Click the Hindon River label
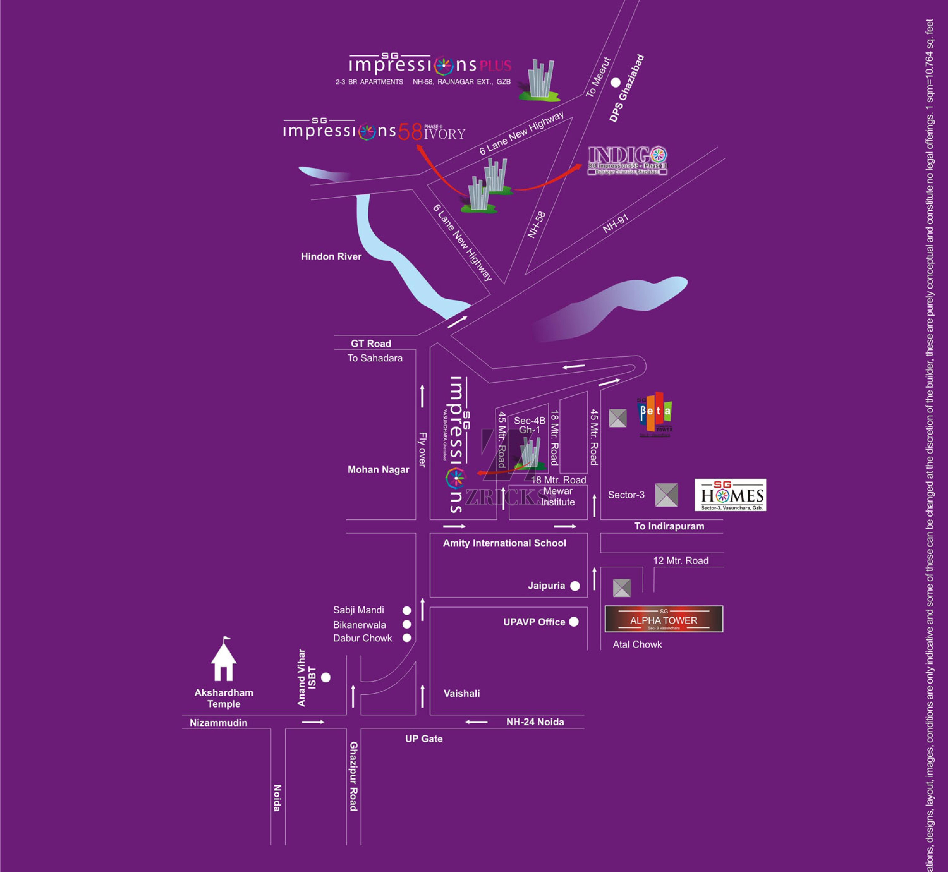331,257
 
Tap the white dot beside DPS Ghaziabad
615,83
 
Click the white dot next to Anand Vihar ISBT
326,678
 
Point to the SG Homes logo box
730,495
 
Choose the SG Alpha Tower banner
663,619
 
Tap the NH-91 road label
615,224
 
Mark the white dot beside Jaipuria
575,586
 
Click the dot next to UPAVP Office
574,622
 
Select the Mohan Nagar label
378,469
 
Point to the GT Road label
371,344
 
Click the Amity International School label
504,543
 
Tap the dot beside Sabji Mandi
406,611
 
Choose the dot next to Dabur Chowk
406,638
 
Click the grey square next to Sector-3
666,495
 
